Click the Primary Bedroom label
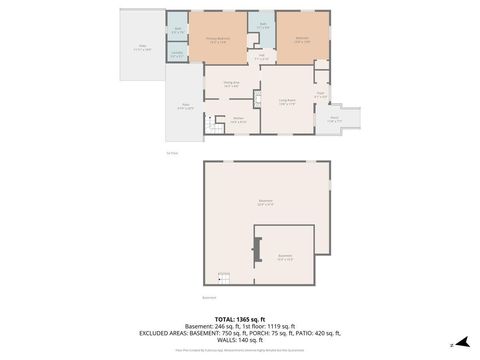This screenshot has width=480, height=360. click(219, 41)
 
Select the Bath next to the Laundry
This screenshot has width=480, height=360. click(176, 30)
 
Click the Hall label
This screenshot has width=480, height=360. click(261, 58)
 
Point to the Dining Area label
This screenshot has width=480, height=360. click(231, 85)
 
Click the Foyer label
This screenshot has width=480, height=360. click(321, 95)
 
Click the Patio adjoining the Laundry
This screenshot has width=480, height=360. click(142, 46)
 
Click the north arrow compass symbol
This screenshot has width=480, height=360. click(460, 344)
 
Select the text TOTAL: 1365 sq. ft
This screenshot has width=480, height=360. click(239, 318)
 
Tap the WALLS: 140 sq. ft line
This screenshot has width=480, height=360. click(239, 341)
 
